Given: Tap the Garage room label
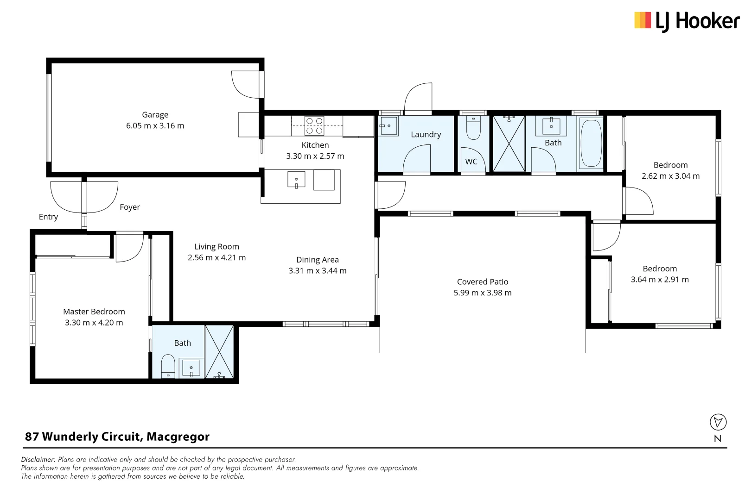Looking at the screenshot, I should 155,115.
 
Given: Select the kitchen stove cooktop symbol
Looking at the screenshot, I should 314,125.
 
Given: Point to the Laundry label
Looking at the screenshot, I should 426,135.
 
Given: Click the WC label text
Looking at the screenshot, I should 471,162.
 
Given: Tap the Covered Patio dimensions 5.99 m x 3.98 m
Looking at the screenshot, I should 482,293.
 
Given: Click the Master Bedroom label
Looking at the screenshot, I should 94,312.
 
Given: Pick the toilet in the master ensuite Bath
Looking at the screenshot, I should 168,365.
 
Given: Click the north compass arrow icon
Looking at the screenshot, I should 718,422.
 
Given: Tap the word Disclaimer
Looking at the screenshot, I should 38,459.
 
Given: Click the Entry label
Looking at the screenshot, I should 48,217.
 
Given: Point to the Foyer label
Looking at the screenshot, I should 130,207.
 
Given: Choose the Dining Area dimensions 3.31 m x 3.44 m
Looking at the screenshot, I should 317,271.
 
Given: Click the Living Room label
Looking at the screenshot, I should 216,247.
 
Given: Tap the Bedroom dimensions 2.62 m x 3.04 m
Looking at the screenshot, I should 670,176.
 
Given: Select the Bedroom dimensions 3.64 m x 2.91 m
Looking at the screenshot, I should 659,280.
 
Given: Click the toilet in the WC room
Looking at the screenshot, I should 473,129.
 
